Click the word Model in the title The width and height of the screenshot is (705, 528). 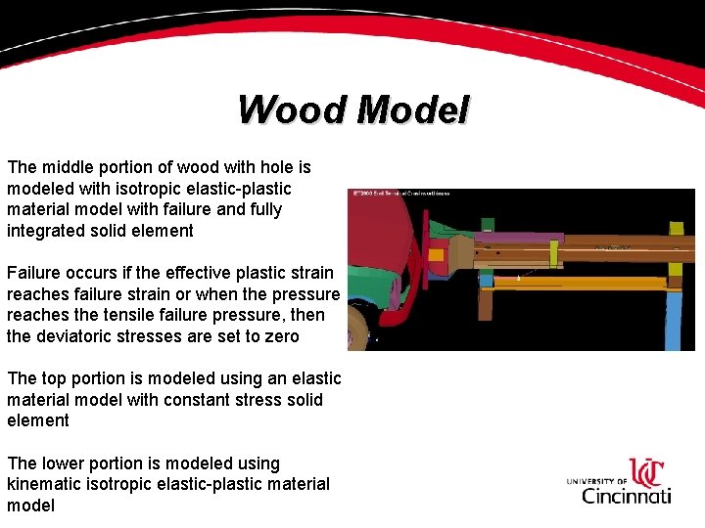click(x=412, y=110)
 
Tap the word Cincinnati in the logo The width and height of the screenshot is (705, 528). click(x=627, y=495)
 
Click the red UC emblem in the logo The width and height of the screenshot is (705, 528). click(x=647, y=473)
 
